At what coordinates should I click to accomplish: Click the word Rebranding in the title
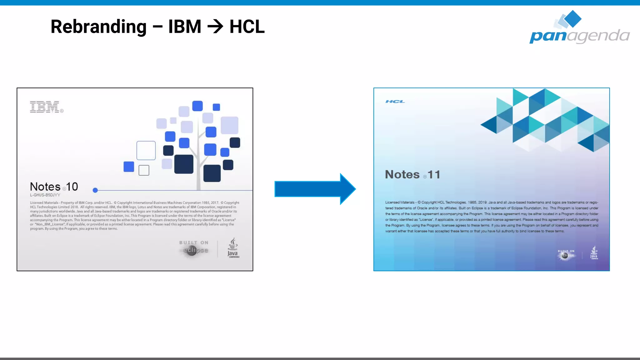(x=98, y=27)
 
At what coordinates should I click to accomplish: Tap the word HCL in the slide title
(x=247, y=27)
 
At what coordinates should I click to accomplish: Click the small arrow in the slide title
(x=215, y=27)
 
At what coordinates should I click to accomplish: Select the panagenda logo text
(x=579, y=36)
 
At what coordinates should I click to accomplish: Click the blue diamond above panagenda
(x=573, y=18)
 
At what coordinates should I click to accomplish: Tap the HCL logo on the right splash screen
(x=395, y=102)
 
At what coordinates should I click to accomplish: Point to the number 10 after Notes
(x=72, y=187)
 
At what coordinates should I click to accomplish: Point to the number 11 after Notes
(x=434, y=175)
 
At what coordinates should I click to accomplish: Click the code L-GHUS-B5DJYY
(x=45, y=195)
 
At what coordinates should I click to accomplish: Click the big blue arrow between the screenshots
(x=315, y=189)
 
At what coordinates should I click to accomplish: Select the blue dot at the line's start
(x=95, y=190)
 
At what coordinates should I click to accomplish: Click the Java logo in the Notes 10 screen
(x=233, y=248)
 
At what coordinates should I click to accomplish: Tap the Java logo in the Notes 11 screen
(x=594, y=252)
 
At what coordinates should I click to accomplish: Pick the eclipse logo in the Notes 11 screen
(x=566, y=254)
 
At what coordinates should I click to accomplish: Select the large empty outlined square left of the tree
(x=146, y=150)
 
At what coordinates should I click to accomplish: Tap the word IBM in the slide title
(x=185, y=27)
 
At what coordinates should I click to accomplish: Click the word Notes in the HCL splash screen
(x=402, y=175)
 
